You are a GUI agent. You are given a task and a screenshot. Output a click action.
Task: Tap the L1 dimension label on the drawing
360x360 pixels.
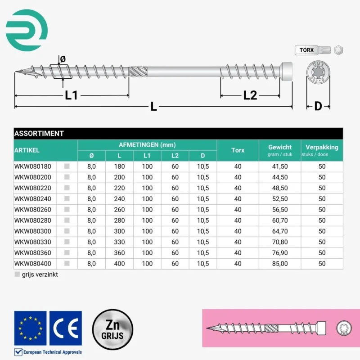72,95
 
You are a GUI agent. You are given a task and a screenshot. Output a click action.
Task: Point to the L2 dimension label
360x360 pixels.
250,95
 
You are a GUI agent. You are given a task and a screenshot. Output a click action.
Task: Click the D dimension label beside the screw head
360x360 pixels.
318,106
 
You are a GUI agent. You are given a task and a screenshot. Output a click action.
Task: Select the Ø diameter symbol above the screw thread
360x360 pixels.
63,59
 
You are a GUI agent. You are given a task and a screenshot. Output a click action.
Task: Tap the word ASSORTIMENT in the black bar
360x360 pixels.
39,133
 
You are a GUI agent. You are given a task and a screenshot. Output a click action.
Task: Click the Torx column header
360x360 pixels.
238,150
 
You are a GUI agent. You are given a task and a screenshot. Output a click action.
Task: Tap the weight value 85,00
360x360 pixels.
280,264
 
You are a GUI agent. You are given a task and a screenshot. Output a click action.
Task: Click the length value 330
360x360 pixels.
119,242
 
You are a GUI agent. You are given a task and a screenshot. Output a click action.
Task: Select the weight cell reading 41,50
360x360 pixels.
280,166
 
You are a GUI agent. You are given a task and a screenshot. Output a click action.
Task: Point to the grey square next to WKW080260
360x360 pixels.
67,210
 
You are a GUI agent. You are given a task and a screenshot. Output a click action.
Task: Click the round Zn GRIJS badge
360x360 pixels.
112,329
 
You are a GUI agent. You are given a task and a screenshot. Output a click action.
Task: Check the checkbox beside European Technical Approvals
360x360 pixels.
19,352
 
